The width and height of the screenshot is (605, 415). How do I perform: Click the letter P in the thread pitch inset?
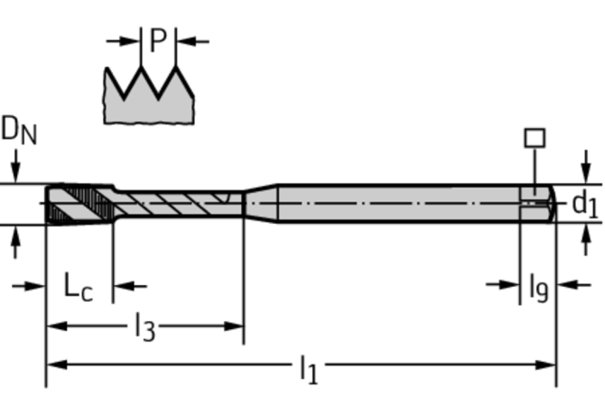[158, 41]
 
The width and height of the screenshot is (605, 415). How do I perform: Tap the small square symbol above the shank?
[535, 138]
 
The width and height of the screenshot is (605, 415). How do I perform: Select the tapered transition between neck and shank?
[260, 203]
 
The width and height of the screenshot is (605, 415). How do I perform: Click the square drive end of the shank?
[538, 203]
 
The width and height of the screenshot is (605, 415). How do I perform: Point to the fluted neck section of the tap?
[176, 203]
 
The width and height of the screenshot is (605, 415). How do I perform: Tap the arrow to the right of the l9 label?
[567, 285]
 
